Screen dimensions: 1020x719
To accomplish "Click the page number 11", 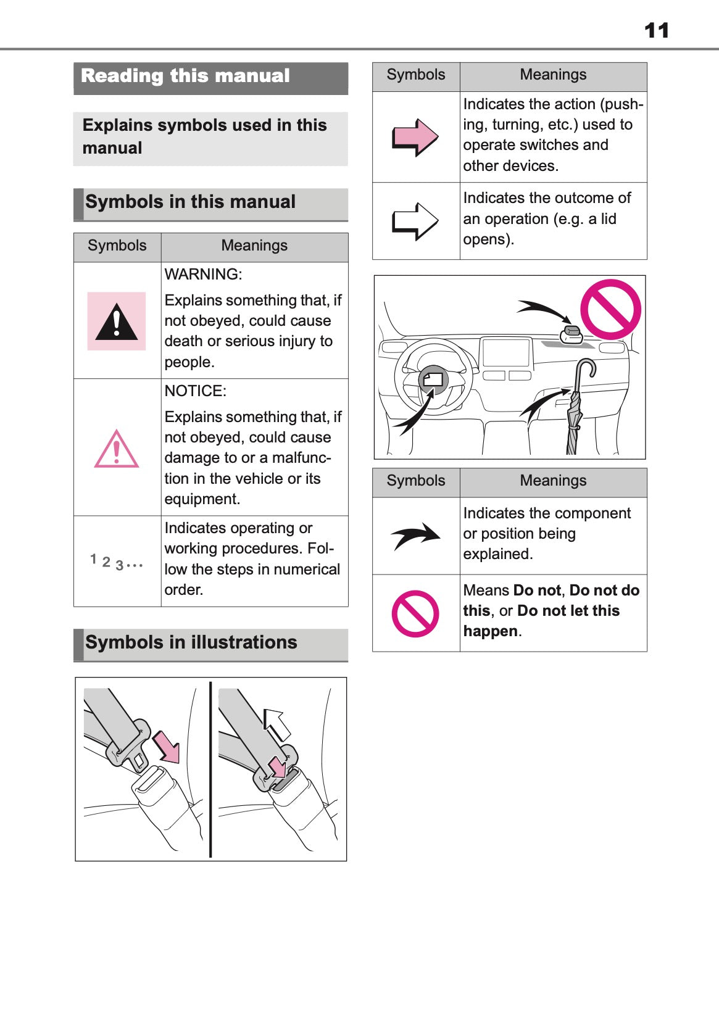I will (656, 30).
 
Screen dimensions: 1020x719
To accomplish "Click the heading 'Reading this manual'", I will (185, 76).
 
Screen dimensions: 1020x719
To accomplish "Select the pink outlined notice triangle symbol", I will (116, 449).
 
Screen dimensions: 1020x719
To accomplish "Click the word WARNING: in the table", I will (203, 274).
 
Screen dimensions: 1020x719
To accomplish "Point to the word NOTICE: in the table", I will (195, 391).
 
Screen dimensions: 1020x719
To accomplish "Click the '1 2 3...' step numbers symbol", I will (116, 562).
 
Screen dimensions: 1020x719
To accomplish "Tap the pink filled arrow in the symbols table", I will (415, 137).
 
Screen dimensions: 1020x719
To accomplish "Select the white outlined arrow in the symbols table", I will (415, 221).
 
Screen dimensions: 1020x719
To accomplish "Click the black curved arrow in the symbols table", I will (416, 536).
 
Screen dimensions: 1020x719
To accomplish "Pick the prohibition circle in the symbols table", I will (415, 613).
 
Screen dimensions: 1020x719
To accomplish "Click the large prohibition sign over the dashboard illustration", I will (610, 309).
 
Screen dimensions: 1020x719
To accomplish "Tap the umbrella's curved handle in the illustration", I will (586, 369).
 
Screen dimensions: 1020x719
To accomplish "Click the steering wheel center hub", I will (433, 379).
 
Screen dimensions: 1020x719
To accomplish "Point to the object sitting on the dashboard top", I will (571, 334).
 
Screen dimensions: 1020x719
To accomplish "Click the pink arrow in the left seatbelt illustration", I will (167, 746).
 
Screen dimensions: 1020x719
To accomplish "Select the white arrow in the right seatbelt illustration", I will (276, 724).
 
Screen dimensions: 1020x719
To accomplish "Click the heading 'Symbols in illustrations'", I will (191, 642).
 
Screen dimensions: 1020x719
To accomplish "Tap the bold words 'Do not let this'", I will (568, 610).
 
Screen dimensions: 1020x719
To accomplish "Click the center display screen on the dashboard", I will (506, 352).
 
